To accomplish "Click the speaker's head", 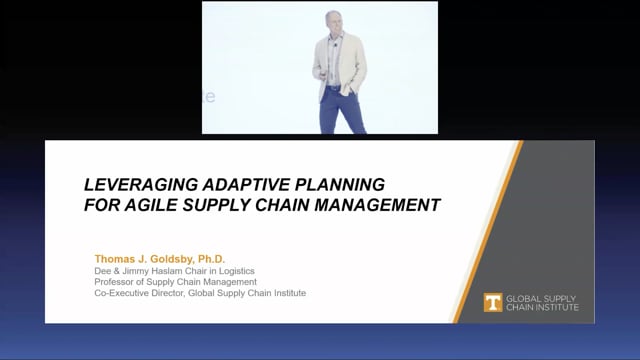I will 333,21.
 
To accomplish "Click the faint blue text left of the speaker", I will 209,97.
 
